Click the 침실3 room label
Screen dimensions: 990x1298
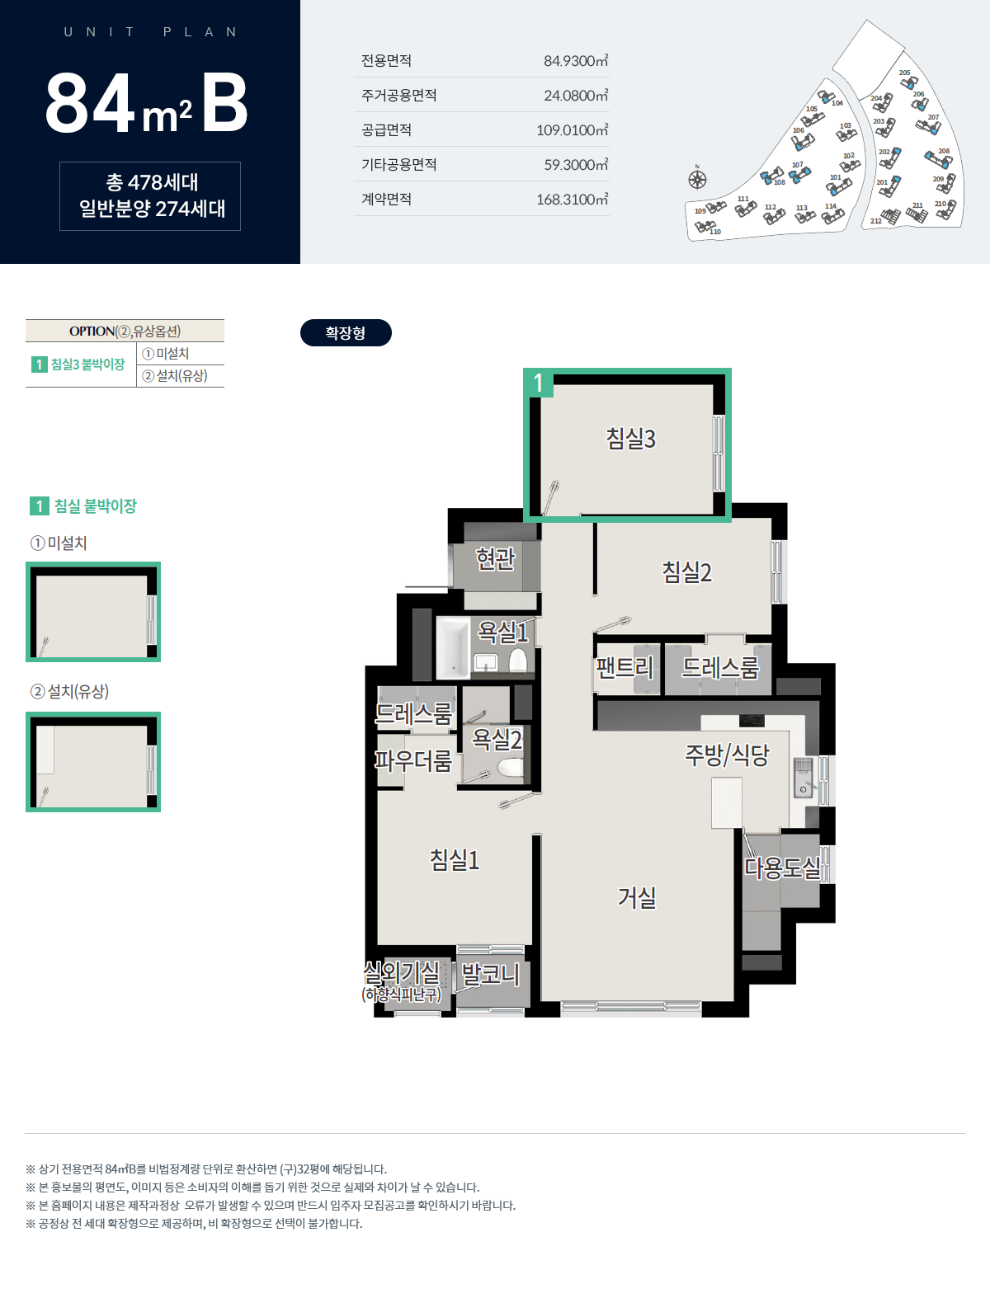pos(630,439)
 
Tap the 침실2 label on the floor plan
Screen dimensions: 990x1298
pos(686,571)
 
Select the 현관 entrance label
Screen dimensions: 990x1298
pos(496,558)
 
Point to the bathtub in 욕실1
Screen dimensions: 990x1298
pos(453,647)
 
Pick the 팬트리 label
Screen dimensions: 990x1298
pos(625,668)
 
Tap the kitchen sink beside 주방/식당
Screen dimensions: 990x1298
pos(803,777)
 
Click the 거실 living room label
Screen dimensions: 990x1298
pos(637,897)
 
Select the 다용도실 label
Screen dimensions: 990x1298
pos(782,867)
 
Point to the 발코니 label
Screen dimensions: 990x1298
pos(490,974)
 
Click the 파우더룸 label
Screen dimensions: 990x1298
pos(413,760)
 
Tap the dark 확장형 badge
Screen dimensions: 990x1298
pos(346,333)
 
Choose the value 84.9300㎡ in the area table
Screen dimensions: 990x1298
pos(576,61)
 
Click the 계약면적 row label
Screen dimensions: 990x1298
pos(386,200)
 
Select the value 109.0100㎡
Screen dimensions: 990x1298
pos(573,130)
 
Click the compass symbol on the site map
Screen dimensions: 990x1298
pos(697,179)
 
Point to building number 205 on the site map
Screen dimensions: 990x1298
pos(904,73)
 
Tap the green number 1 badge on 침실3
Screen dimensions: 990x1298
pos(538,383)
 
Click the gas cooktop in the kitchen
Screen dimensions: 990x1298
pos(752,721)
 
